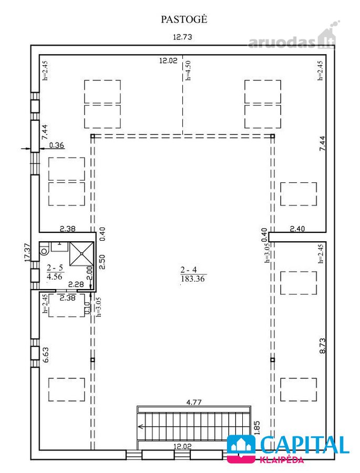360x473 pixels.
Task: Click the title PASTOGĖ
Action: point(184,19)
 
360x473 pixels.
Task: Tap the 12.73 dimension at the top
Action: point(182,37)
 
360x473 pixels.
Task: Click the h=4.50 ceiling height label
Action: point(188,70)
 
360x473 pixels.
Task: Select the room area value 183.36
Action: point(192,279)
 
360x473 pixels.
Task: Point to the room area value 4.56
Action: point(55,276)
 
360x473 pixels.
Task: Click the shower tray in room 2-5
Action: point(81,254)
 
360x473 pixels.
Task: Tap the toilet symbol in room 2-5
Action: point(44,250)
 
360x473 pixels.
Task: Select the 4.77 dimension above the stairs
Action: point(194,402)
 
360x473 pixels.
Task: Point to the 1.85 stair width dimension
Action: point(257,428)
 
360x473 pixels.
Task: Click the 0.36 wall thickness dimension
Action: point(56,145)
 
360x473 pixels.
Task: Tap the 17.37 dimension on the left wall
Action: point(27,252)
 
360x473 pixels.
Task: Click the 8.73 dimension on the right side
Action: point(323,346)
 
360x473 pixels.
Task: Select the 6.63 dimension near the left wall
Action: point(45,355)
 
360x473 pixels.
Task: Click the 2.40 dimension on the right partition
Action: point(297,229)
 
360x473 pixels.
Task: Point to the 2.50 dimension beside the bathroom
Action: point(102,262)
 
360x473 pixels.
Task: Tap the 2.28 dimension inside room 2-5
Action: point(76,284)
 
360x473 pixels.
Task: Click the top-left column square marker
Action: point(92,136)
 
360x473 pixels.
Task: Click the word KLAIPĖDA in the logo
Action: point(282,460)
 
